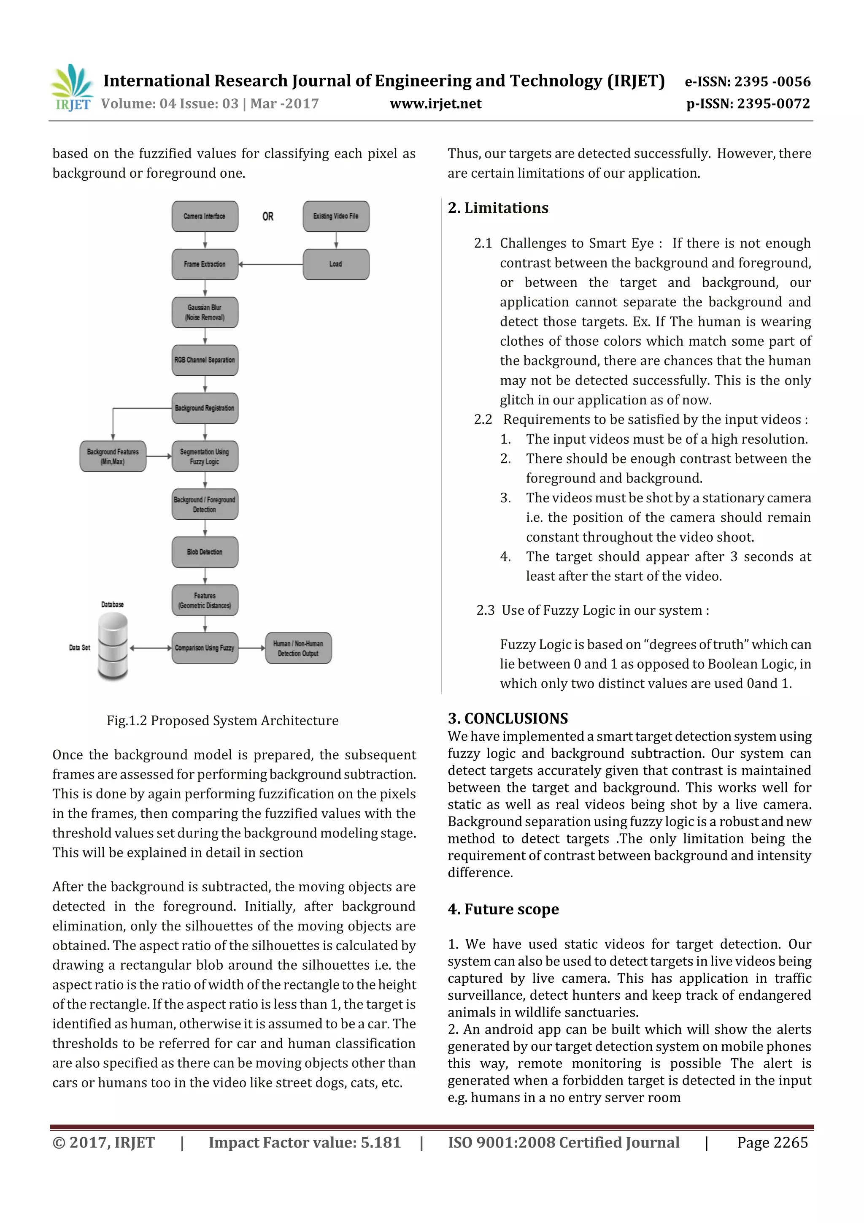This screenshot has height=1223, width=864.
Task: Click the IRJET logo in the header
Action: [x=72, y=87]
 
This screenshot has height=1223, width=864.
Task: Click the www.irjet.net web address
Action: [x=435, y=104]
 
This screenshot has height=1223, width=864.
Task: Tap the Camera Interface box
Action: [x=205, y=216]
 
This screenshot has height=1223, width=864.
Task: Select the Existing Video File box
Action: [x=336, y=216]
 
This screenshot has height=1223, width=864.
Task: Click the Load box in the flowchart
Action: [x=336, y=264]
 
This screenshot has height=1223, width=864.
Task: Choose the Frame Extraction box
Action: [x=205, y=264]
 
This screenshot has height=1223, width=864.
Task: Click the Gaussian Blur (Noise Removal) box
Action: [x=205, y=312]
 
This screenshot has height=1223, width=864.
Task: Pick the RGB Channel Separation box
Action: [x=205, y=360]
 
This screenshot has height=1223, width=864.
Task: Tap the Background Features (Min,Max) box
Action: [x=113, y=456]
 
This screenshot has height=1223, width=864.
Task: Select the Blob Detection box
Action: [x=205, y=552]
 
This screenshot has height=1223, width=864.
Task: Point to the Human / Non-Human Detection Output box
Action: [x=298, y=648]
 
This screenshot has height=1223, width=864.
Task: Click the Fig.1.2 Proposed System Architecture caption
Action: [x=222, y=721]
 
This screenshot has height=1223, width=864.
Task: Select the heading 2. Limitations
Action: [x=498, y=208]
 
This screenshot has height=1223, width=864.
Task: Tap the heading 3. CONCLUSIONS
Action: [x=508, y=719]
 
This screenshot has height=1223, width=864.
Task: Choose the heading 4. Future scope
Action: [x=503, y=909]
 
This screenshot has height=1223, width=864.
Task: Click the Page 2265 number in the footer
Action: [x=772, y=1142]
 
